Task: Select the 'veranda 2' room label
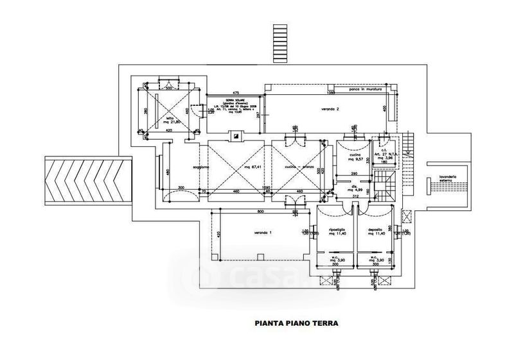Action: (x=330, y=110)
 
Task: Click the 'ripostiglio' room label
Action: (x=337, y=229)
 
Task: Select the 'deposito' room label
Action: (x=376, y=229)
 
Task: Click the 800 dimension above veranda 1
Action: (x=261, y=212)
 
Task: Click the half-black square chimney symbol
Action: (x=236, y=135)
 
